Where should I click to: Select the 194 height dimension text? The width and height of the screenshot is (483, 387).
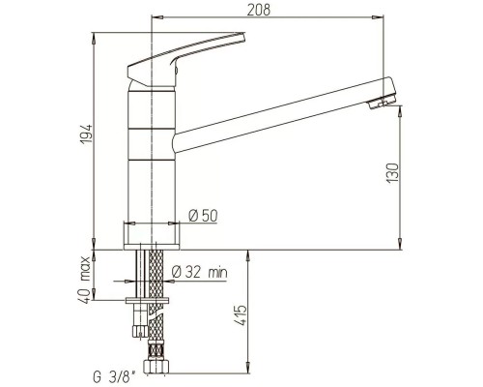(x=86, y=134)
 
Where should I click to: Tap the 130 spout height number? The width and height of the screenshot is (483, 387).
(x=392, y=173)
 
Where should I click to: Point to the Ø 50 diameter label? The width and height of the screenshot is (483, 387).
(x=203, y=216)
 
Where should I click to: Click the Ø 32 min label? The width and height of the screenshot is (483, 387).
(x=199, y=272)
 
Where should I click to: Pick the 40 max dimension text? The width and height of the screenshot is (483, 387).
(x=85, y=280)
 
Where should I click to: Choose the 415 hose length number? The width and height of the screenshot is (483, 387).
(x=241, y=315)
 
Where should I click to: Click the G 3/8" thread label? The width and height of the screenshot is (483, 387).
(x=114, y=377)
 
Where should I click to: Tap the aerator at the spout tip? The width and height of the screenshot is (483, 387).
(x=382, y=102)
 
